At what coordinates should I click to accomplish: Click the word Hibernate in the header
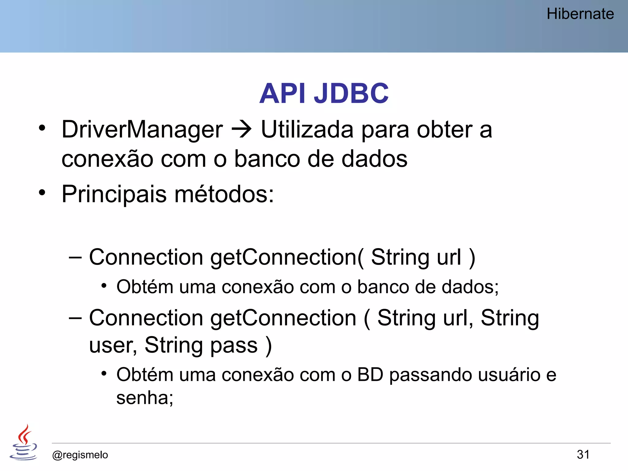(x=580, y=14)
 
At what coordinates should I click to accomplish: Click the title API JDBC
(x=324, y=93)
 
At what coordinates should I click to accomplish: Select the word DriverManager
(x=142, y=130)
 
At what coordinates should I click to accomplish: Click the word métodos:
(x=224, y=194)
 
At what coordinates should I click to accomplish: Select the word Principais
(x=114, y=194)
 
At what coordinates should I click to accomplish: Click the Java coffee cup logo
(x=24, y=442)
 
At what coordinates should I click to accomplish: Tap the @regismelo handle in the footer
(x=80, y=455)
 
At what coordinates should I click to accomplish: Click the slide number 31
(x=583, y=454)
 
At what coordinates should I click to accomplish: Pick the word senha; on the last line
(x=145, y=398)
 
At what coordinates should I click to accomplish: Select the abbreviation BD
(x=370, y=375)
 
